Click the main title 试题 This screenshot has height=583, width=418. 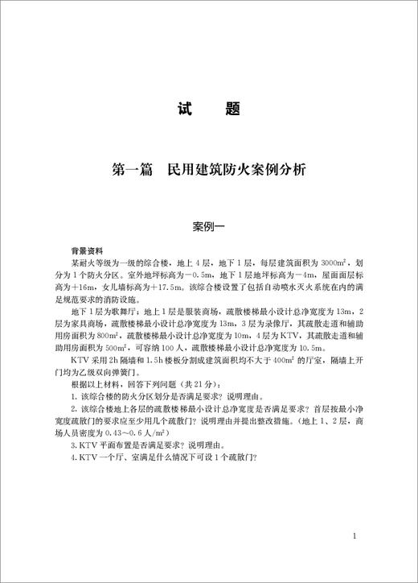pos(208,109)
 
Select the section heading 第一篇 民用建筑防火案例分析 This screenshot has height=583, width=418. pos(208,171)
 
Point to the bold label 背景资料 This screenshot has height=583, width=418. pos(88,251)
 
